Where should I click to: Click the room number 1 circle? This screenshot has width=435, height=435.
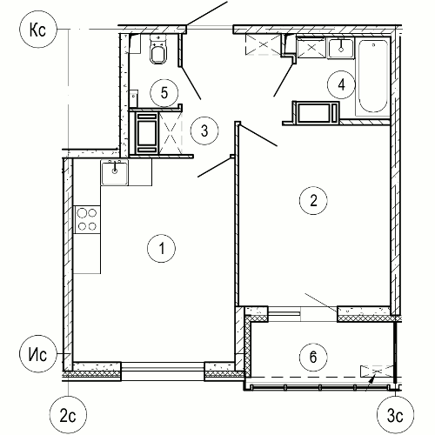coord(162,249)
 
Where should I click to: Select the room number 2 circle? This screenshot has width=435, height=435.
coord(313,200)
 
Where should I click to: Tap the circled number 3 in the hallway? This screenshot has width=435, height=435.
coord(204,130)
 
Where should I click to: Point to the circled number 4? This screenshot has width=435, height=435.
coord(341,85)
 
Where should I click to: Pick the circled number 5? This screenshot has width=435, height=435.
coord(164,93)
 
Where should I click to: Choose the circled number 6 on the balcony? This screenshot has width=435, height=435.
coord(313,358)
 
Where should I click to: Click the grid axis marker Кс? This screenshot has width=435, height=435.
coord(37,30)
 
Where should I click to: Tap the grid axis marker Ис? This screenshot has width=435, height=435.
coord(37,354)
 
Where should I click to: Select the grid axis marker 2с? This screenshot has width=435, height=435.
coord(68,415)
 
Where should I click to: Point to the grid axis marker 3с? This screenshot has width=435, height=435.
coord(396,415)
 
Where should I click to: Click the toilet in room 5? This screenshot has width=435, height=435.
coord(158,49)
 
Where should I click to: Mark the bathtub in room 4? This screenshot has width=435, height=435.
coord(373,77)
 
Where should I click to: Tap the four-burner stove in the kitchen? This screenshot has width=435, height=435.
coord(87,219)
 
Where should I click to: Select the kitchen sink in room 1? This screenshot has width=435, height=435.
coord(115,173)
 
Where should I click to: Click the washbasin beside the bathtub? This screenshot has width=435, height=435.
coord(341,49)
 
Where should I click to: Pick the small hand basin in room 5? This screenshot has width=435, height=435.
coord(133,98)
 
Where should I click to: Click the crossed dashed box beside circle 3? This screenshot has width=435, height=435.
coord(171,133)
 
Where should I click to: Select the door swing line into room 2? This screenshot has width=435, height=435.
coord(258,135)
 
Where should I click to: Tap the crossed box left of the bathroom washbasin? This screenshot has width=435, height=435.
coord(311,48)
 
